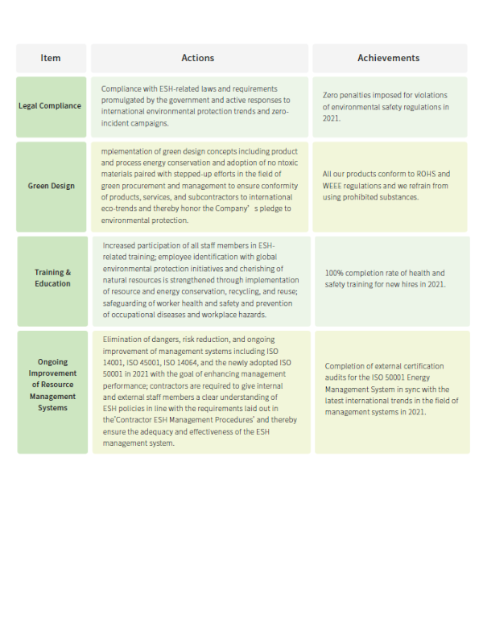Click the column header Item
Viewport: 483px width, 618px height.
(51, 58)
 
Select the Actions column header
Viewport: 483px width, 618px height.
(198, 58)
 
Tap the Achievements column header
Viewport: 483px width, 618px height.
(388, 58)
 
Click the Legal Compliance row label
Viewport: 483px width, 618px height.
(50, 106)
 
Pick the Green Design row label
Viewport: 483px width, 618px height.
(51, 186)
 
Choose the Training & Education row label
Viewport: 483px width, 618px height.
(52, 278)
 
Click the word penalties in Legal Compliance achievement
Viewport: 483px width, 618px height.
(356, 95)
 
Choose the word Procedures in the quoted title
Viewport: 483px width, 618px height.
(217, 420)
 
